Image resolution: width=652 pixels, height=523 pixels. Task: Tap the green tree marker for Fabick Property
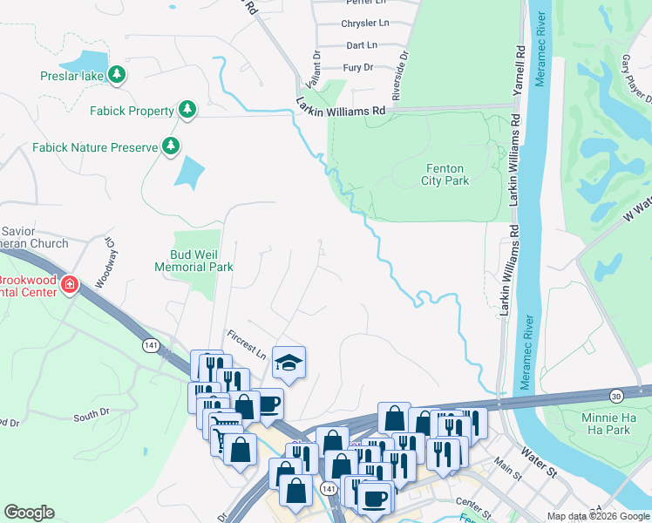point(187,110)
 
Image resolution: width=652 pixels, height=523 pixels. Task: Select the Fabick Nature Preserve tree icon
point(173,146)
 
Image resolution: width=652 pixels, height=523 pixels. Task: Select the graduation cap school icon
point(289,363)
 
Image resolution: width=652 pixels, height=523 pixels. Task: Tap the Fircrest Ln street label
point(247,345)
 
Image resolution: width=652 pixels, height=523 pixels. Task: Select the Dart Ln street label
point(361,44)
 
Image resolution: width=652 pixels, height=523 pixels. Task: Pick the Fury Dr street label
point(358,67)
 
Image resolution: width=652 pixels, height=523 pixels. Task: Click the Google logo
point(29,513)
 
